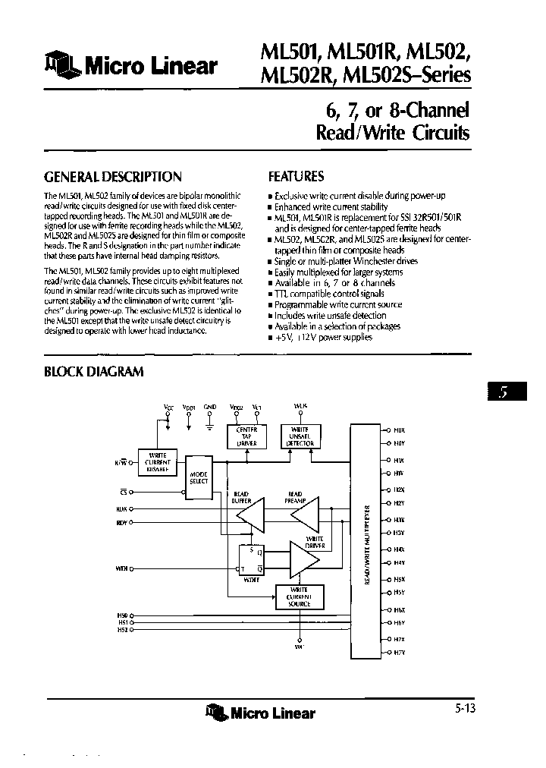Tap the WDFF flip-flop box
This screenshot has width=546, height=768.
251,560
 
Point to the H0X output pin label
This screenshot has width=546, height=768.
399,429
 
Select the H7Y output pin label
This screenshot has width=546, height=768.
399,652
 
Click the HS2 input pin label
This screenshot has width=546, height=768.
123,628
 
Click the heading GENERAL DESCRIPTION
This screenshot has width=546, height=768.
113,177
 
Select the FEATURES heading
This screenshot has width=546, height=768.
296,176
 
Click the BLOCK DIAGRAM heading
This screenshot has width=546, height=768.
94,372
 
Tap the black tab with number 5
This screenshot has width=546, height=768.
502,393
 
